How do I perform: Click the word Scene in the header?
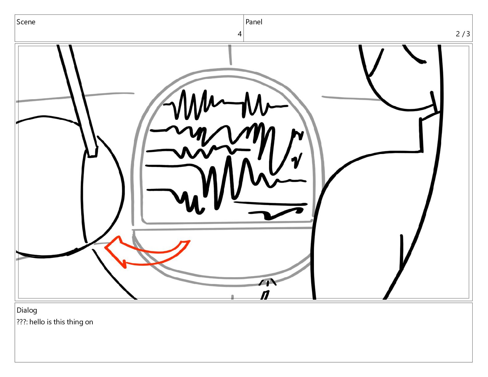tap(26, 22)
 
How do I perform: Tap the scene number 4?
tap(239, 34)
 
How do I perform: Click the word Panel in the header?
tap(254, 22)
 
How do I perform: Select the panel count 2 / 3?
tap(463, 34)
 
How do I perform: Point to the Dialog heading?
tap(27, 310)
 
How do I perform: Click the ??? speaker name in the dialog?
tap(22, 322)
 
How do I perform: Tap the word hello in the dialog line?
tap(37, 322)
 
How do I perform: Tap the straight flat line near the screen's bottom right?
tap(270, 204)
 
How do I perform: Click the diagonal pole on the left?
tap(77, 101)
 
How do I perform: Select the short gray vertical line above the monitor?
tap(230, 55)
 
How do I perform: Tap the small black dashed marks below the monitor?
tap(267, 289)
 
